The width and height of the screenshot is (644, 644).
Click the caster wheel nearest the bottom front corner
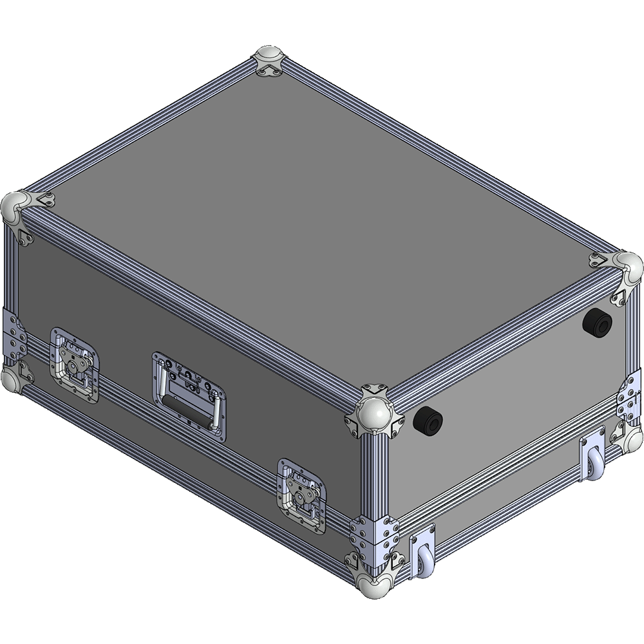tap(424, 559)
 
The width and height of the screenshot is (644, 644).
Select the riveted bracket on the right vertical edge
tap(630, 399)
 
